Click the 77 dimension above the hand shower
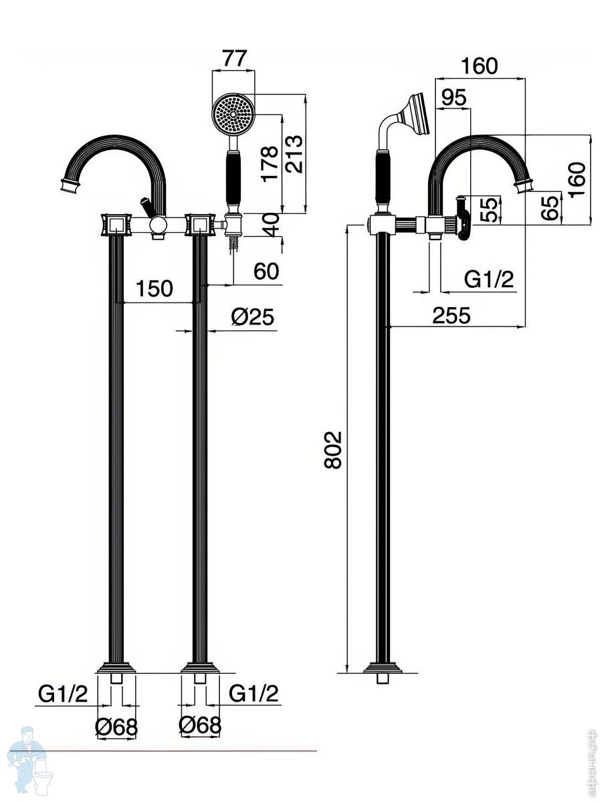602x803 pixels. coord(234,58)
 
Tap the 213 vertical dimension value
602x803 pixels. coord(294,154)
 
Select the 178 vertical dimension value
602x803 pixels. coord(270,163)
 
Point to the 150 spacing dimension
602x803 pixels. coord(155,288)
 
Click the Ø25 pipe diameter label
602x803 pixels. coord(252,317)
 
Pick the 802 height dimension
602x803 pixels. coord(332,450)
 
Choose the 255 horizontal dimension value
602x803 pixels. coord(451,315)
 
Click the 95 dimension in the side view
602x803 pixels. coord(454,98)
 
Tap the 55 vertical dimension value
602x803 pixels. coord(490,209)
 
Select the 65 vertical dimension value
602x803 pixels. coord(550,209)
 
